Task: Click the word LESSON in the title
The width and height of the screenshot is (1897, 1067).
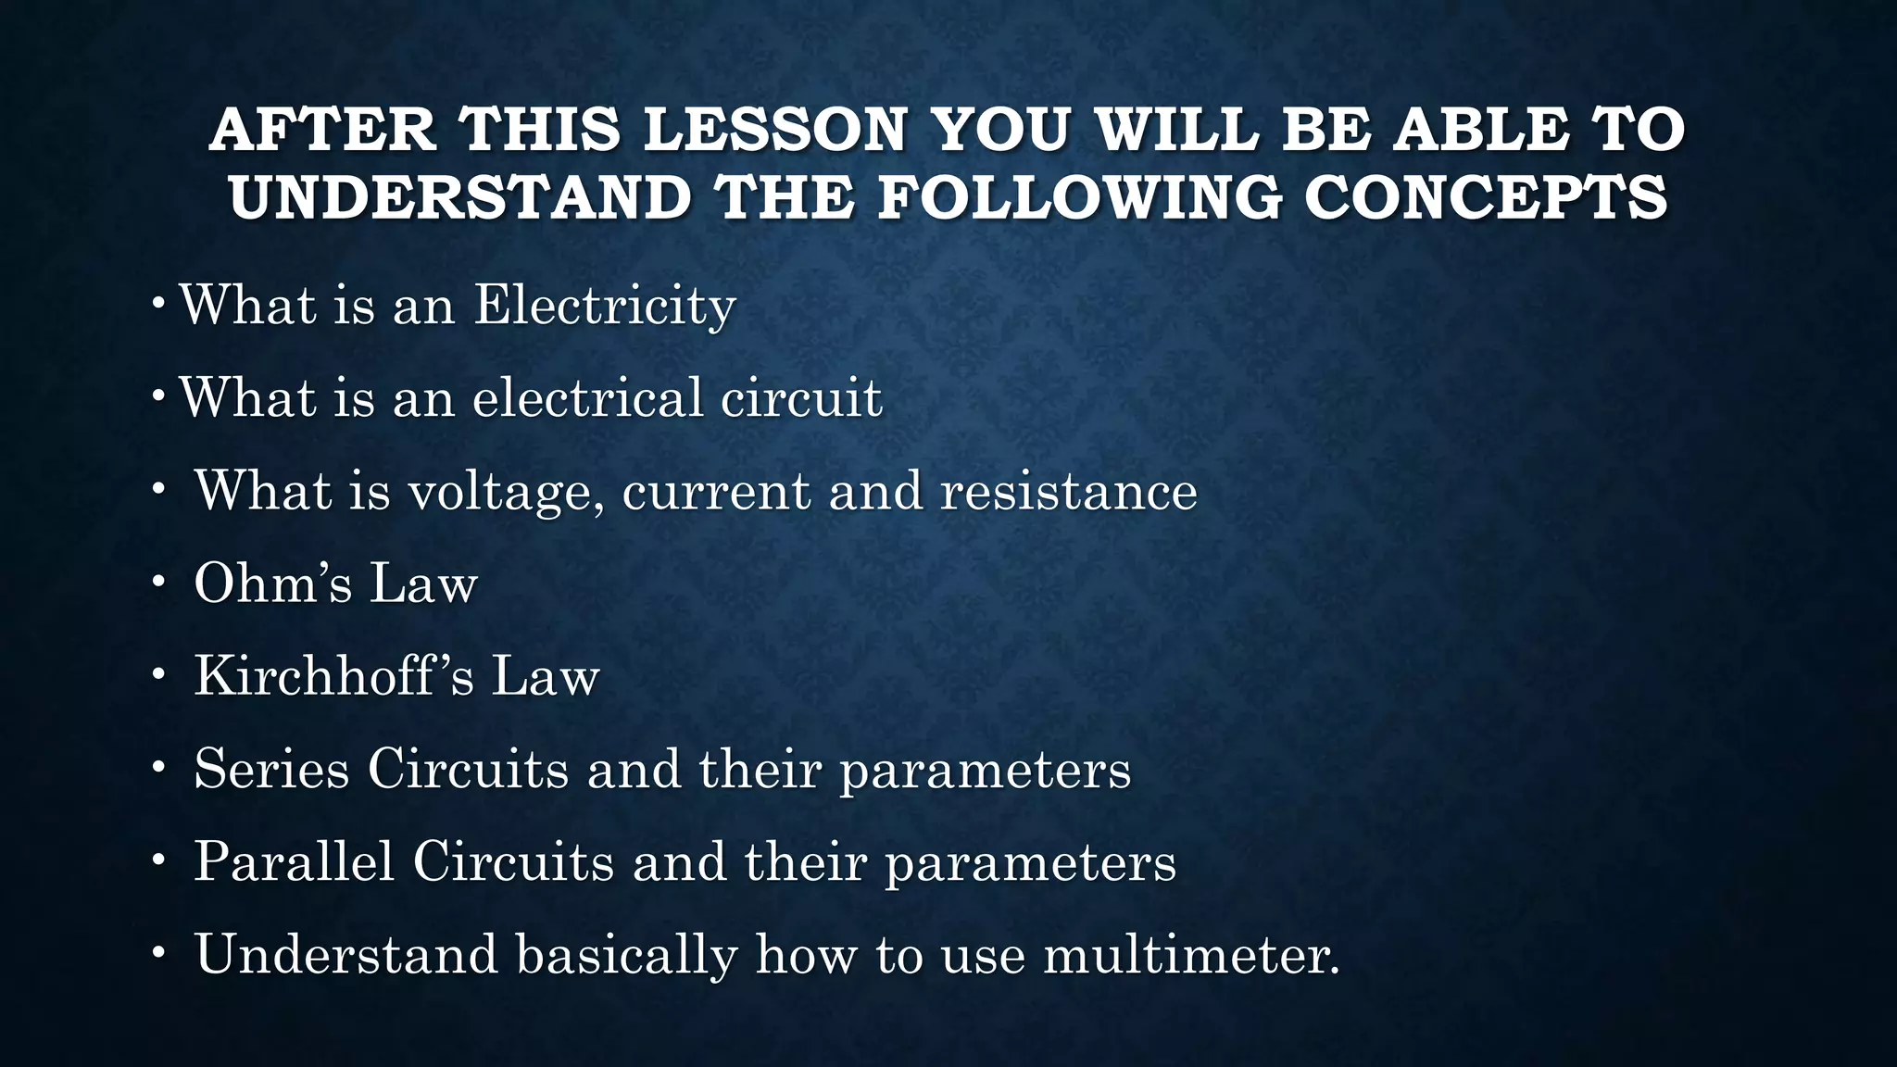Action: [774, 129]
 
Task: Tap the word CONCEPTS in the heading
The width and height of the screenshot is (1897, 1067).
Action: [1486, 197]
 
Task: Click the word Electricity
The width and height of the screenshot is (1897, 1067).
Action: [605, 305]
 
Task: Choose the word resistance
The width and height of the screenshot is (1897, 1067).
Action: [1068, 490]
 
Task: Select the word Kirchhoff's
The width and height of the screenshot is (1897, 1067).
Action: [333, 675]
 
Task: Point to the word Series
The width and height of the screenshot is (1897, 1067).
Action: [271, 769]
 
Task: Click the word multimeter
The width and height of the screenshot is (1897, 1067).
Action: [1191, 954]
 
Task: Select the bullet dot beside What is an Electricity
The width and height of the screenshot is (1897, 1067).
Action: [158, 303]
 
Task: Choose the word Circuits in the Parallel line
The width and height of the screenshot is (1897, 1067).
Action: [513, 861]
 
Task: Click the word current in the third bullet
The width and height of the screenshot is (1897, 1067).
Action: [716, 491]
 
